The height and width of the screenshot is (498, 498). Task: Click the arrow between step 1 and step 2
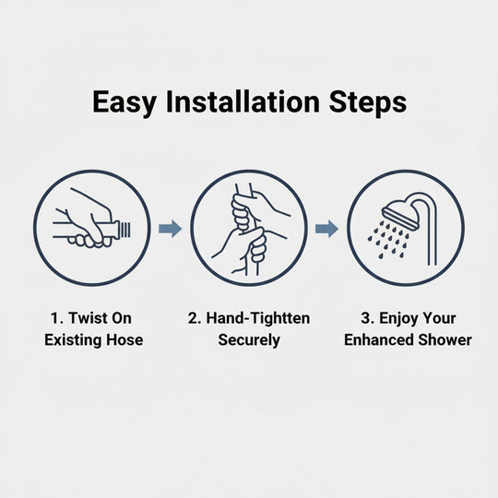(x=170, y=229)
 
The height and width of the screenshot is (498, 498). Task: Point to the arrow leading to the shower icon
(x=326, y=229)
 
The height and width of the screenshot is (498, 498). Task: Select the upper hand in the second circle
(x=244, y=210)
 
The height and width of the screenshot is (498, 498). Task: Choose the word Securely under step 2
(x=249, y=339)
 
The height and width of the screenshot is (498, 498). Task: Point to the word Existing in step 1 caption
(x=74, y=339)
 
